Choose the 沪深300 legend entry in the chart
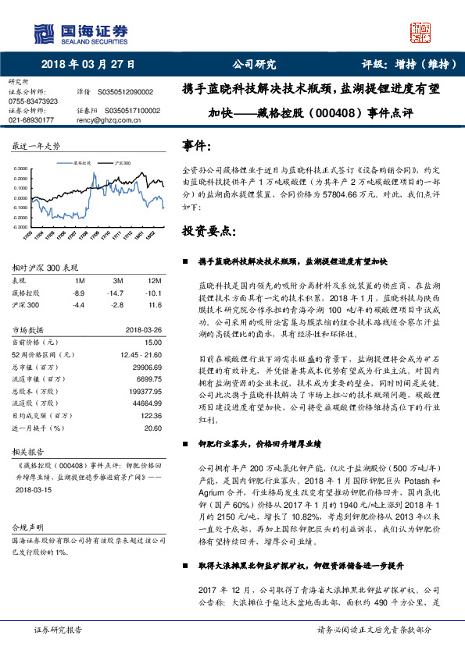click(x=123, y=164)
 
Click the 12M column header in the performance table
click(x=154, y=279)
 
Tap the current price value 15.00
click(x=152, y=342)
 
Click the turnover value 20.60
click(x=152, y=428)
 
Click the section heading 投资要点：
click(x=207, y=232)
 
